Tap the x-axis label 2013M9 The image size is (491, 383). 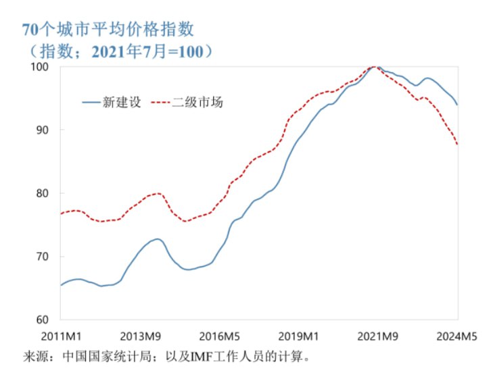[142, 336]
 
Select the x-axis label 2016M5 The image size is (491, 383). [220, 336]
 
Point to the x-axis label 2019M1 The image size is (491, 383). [300, 336]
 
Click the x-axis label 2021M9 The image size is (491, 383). [379, 336]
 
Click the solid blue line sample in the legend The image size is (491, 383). [91, 103]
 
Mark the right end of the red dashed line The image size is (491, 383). [459, 145]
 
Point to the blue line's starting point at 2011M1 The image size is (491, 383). [61, 285]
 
